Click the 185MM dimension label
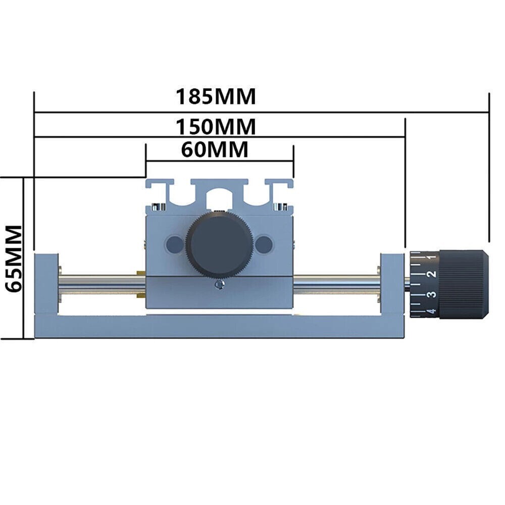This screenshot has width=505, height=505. [216, 96]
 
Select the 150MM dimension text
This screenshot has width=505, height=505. [216, 126]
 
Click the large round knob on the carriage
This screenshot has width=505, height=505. [219, 244]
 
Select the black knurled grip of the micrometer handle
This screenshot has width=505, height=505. [464, 284]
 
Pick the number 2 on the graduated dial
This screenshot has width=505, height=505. [431, 274]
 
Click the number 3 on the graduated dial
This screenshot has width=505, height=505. [431, 294]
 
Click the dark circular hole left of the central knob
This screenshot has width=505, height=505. [175, 245]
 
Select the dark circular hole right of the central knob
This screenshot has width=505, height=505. [263, 245]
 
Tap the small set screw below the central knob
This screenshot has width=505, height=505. [218, 286]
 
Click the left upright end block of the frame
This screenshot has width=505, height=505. [46, 283]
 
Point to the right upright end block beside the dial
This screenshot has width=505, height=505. [392, 283]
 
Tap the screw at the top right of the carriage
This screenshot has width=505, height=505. [279, 206]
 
